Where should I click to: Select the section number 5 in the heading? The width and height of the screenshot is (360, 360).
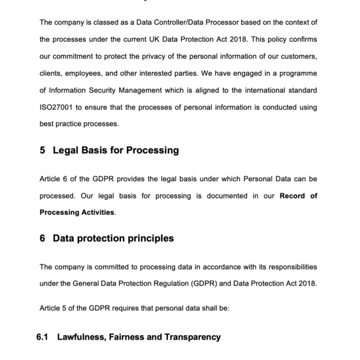click(x=43, y=150)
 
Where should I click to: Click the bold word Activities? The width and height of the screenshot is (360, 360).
click(x=94, y=212)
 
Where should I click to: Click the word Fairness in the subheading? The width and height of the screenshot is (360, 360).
click(x=124, y=337)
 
